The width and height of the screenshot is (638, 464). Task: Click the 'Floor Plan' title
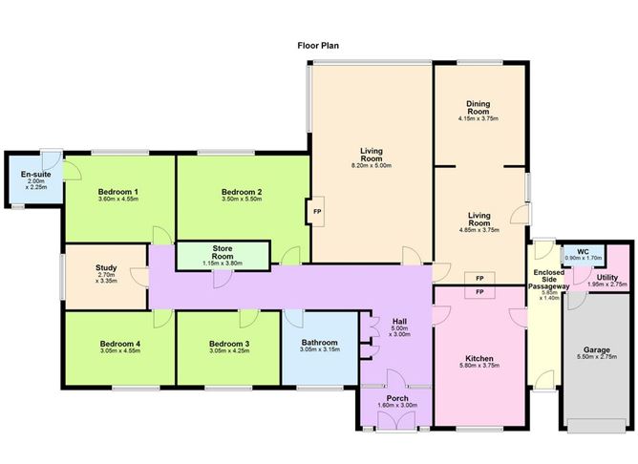(x=318, y=46)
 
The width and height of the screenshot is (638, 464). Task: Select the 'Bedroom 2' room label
(x=242, y=192)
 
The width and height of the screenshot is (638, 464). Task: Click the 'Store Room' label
(x=223, y=252)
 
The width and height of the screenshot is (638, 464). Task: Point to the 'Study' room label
(x=106, y=267)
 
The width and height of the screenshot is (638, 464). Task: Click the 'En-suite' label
(x=35, y=174)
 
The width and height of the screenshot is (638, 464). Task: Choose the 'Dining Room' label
(x=478, y=107)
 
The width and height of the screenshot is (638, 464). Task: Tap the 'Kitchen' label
(x=479, y=358)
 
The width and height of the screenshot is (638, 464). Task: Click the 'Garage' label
(x=597, y=349)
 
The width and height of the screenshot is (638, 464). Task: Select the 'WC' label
(x=583, y=252)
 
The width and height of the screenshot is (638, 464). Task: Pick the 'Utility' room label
(x=607, y=277)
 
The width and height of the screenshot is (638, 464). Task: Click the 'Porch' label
(x=397, y=398)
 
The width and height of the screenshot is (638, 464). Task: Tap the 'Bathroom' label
(x=319, y=343)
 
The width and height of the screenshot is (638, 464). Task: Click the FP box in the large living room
(x=316, y=211)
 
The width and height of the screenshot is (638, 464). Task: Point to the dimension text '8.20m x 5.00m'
(x=372, y=165)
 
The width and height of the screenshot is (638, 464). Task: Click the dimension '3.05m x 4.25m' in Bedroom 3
(x=229, y=350)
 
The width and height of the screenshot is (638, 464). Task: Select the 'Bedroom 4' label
(x=120, y=344)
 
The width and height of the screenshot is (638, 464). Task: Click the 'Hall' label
(x=399, y=321)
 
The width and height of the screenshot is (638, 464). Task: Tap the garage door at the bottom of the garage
(x=597, y=426)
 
